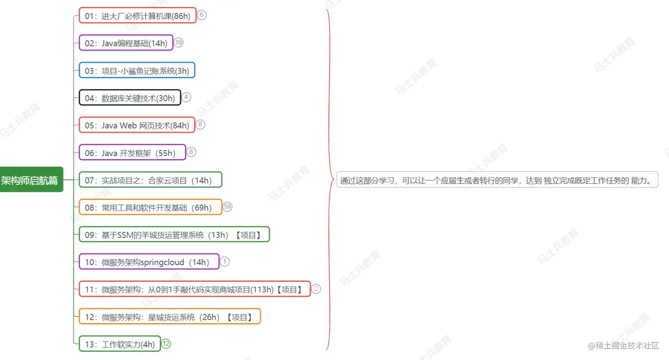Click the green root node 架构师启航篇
coord(31,180)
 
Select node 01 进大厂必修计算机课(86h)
coord(137,16)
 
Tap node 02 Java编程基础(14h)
coord(126,43)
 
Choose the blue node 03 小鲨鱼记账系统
coord(137,71)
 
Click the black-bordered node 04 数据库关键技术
coord(130,98)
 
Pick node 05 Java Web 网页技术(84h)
coord(137,125)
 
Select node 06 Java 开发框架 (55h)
coord(132,153)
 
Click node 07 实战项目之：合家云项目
coord(150,180)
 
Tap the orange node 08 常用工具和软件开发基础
coord(150,207)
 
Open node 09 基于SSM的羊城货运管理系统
coord(174,235)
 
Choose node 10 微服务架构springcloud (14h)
coord(149,262)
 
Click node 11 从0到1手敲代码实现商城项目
coord(194,289)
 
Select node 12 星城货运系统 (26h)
coord(169,317)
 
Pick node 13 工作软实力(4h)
coord(119,344)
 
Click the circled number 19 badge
coord(178,42)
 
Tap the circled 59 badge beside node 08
coord(227,207)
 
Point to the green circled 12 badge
coord(166,344)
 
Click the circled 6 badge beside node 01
coord(202,15)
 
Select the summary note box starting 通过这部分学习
coord(497,180)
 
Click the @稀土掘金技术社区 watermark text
coord(623,346)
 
